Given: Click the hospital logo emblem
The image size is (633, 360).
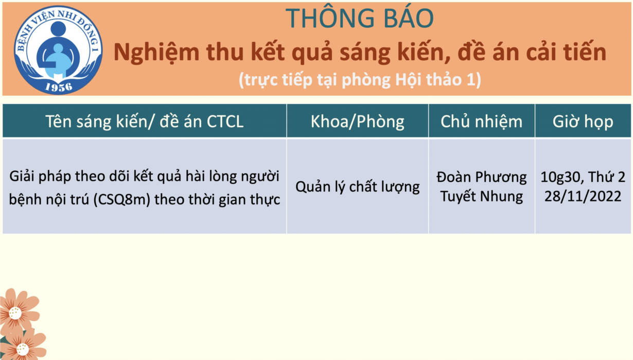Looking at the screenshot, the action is pyautogui.click(x=58, y=50).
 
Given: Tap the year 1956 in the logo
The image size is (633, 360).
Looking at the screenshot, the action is pyautogui.click(x=59, y=88).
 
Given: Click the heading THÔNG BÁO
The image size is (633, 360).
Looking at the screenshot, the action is pyautogui.click(x=359, y=18).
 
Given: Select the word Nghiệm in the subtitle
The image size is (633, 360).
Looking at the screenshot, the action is pyautogui.click(x=156, y=53).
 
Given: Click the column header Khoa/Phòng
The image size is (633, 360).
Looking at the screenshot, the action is pyautogui.click(x=358, y=122).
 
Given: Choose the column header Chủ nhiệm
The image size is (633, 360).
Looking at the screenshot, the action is pyautogui.click(x=482, y=122).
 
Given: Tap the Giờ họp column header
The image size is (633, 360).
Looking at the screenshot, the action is pyautogui.click(x=583, y=122).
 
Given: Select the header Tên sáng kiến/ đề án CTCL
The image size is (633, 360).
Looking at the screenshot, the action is pyautogui.click(x=145, y=122).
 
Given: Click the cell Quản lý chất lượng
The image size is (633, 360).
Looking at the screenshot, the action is pyautogui.click(x=358, y=187).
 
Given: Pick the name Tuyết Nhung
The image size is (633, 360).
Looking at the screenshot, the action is pyautogui.click(x=482, y=197).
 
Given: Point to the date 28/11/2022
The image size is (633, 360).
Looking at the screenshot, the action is pyautogui.click(x=583, y=197).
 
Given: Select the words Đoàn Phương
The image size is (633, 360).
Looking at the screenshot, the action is pyautogui.click(x=482, y=177).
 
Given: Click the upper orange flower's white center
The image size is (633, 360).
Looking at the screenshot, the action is pyautogui.click(x=15, y=313).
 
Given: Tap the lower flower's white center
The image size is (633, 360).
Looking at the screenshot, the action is pyautogui.click(x=23, y=350).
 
